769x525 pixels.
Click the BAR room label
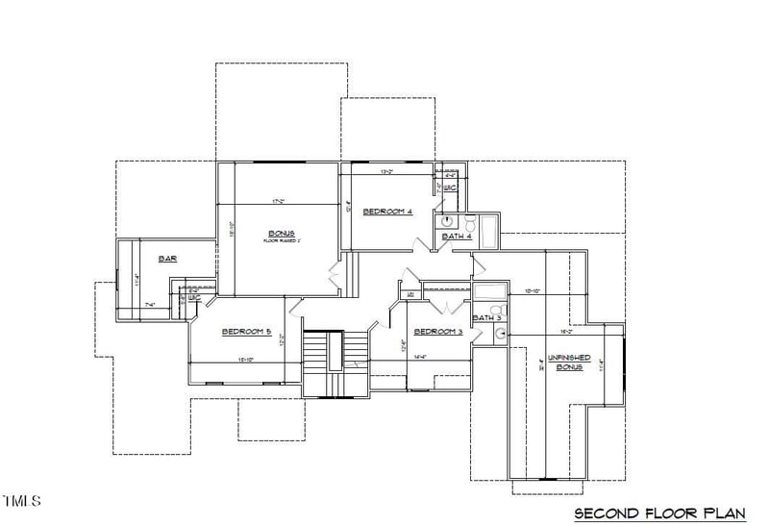tap(167, 259)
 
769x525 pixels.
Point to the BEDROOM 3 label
tap(438, 332)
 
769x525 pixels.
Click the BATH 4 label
tap(457, 237)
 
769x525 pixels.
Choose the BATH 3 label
tap(486, 317)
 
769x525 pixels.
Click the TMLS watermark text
tap(21, 501)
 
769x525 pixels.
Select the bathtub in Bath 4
tap(488, 231)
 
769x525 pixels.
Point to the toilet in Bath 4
tap(471, 224)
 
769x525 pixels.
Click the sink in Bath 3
tap(500, 334)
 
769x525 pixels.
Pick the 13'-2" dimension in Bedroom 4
tap(388, 173)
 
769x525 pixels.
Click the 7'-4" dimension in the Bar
tap(150, 305)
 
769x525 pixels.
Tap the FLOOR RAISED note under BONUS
tap(282, 241)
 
